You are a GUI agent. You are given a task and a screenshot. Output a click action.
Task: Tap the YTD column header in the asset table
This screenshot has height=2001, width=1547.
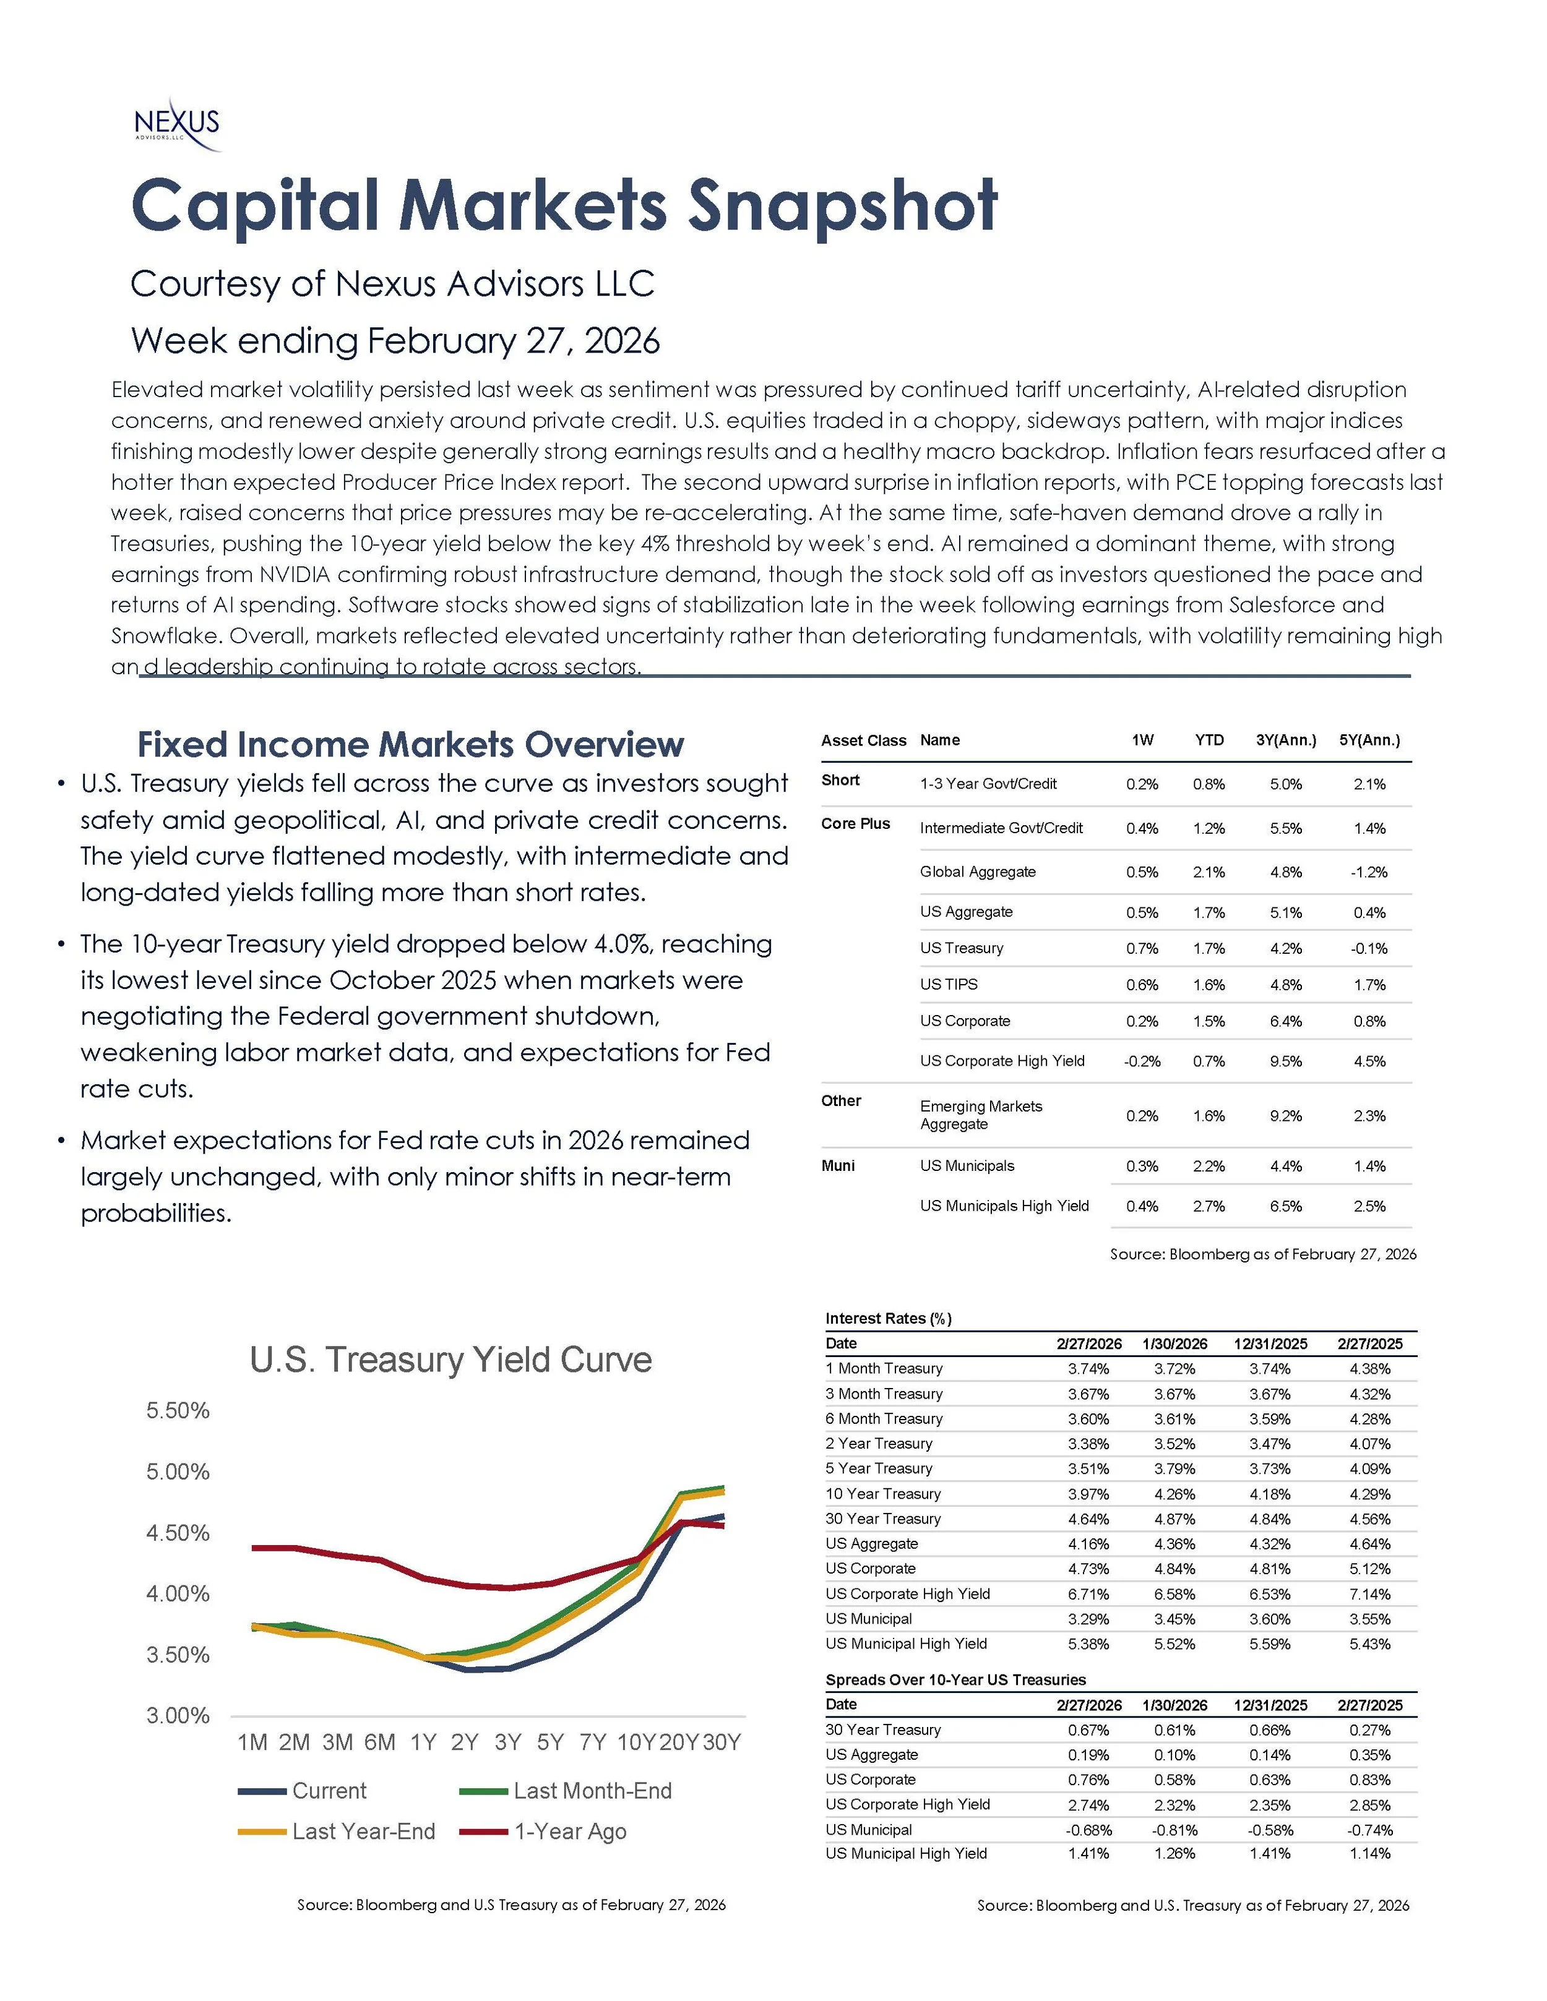pos(1209,740)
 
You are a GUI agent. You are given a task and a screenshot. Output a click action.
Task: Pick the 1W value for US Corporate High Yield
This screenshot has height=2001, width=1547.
pos(1142,1061)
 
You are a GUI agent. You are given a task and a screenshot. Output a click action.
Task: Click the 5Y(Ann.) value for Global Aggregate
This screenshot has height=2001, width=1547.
pos(1369,872)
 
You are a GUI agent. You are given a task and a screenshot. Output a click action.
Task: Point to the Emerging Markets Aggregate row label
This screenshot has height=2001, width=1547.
pos(981,1115)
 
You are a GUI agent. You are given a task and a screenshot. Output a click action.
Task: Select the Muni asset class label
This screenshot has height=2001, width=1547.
pos(838,1165)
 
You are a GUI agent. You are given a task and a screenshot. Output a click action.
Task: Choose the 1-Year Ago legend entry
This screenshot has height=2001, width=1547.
pos(570,1832)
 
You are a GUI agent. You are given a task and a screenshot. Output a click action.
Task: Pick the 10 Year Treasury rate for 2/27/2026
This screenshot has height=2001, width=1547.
pos(1088,1493)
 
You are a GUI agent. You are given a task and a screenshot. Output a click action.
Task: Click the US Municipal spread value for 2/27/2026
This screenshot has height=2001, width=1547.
pos(1088,1830)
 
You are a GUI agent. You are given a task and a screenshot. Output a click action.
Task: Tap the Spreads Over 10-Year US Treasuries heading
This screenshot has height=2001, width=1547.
pos(955,1679)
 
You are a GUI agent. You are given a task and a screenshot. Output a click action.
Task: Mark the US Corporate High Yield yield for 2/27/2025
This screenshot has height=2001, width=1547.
pos(1369,1594)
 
